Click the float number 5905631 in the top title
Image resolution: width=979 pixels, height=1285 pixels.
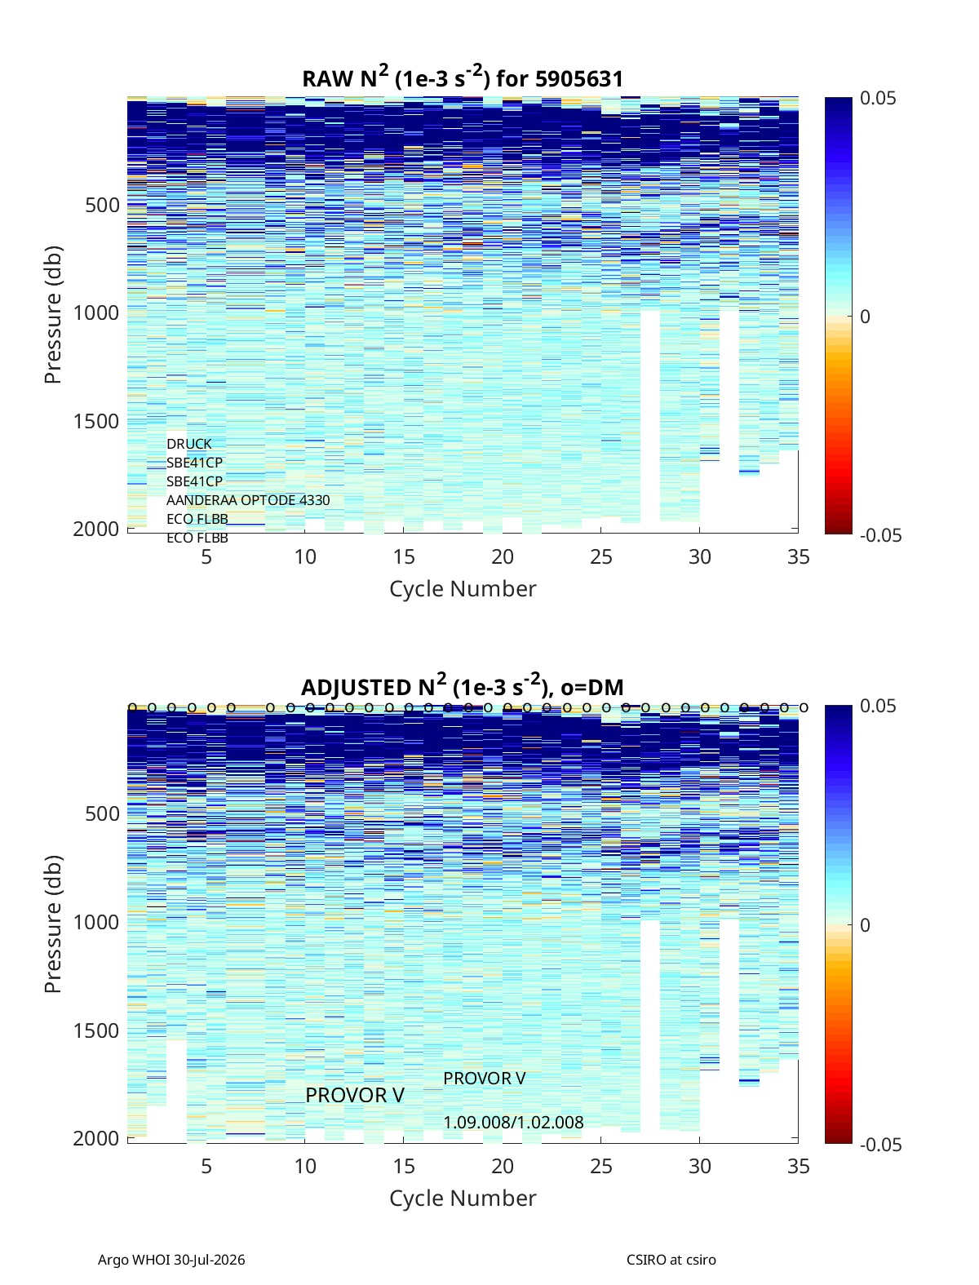click(578, 79)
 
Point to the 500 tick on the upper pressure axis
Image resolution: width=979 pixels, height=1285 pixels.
click(103, 206)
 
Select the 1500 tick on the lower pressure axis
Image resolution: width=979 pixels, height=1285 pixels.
click(96, 1030)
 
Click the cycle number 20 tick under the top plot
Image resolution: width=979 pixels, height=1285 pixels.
click(502, 556)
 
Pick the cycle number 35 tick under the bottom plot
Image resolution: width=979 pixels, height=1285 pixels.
click(798, 1166)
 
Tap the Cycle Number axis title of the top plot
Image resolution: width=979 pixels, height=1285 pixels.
click(463, 589)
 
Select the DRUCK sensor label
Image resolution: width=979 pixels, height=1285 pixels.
click(189, 444)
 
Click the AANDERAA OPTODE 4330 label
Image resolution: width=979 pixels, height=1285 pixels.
click(248, 500)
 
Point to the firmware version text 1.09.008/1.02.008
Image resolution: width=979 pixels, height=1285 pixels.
click(513, 1123)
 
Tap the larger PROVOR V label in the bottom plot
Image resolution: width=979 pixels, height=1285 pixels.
click(355, 1096)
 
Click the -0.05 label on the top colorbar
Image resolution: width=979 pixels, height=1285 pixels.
click(880, 535)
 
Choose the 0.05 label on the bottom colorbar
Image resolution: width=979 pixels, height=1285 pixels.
click(878, 706)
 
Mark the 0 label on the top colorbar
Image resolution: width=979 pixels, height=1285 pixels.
click(865, 317)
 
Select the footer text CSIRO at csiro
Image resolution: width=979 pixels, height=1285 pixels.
click(671, 1260)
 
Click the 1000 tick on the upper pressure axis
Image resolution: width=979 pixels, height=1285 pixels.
click(96, 313)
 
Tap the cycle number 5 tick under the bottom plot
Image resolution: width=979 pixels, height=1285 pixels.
click(206, 1166)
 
